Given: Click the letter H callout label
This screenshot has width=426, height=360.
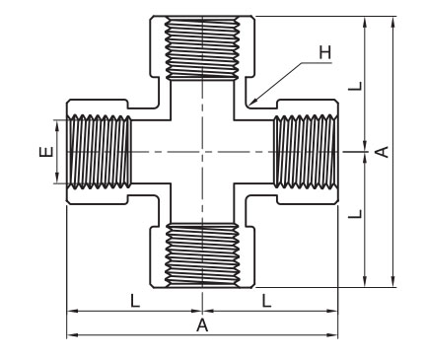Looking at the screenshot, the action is pos(325,52).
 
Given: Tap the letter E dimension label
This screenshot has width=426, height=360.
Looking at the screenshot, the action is pos(46,152).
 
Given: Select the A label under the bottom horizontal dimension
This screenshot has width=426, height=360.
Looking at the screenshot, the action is pos(202,325).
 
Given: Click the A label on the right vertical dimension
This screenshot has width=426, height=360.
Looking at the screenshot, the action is pos(383,152).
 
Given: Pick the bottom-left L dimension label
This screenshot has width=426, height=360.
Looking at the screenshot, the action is pos(135,301).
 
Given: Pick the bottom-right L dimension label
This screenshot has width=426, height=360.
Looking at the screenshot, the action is pos(266,301).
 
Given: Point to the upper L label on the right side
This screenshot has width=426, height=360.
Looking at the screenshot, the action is pos(355,86).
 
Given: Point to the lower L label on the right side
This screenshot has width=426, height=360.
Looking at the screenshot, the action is pos(355,214).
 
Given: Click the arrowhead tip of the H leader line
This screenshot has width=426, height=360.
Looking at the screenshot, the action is pos(249,105).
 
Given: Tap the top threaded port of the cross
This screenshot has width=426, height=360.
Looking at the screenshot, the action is pos(202,48).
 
